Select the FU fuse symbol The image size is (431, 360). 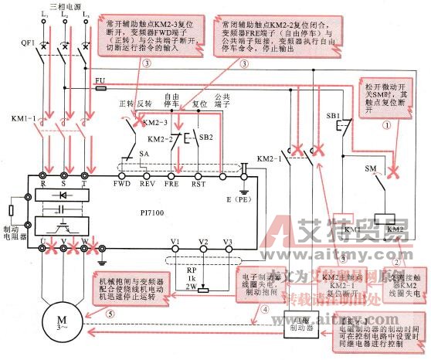tap(100, 80)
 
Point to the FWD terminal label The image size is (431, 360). tap(122, 185)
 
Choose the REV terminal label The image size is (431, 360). tap(148, 185)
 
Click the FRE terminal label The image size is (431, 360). tap(172, 185)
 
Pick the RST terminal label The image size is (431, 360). tap(198, 185)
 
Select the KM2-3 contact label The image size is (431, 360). tap(159, 123)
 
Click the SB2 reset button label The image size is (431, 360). tap(205, 138)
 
